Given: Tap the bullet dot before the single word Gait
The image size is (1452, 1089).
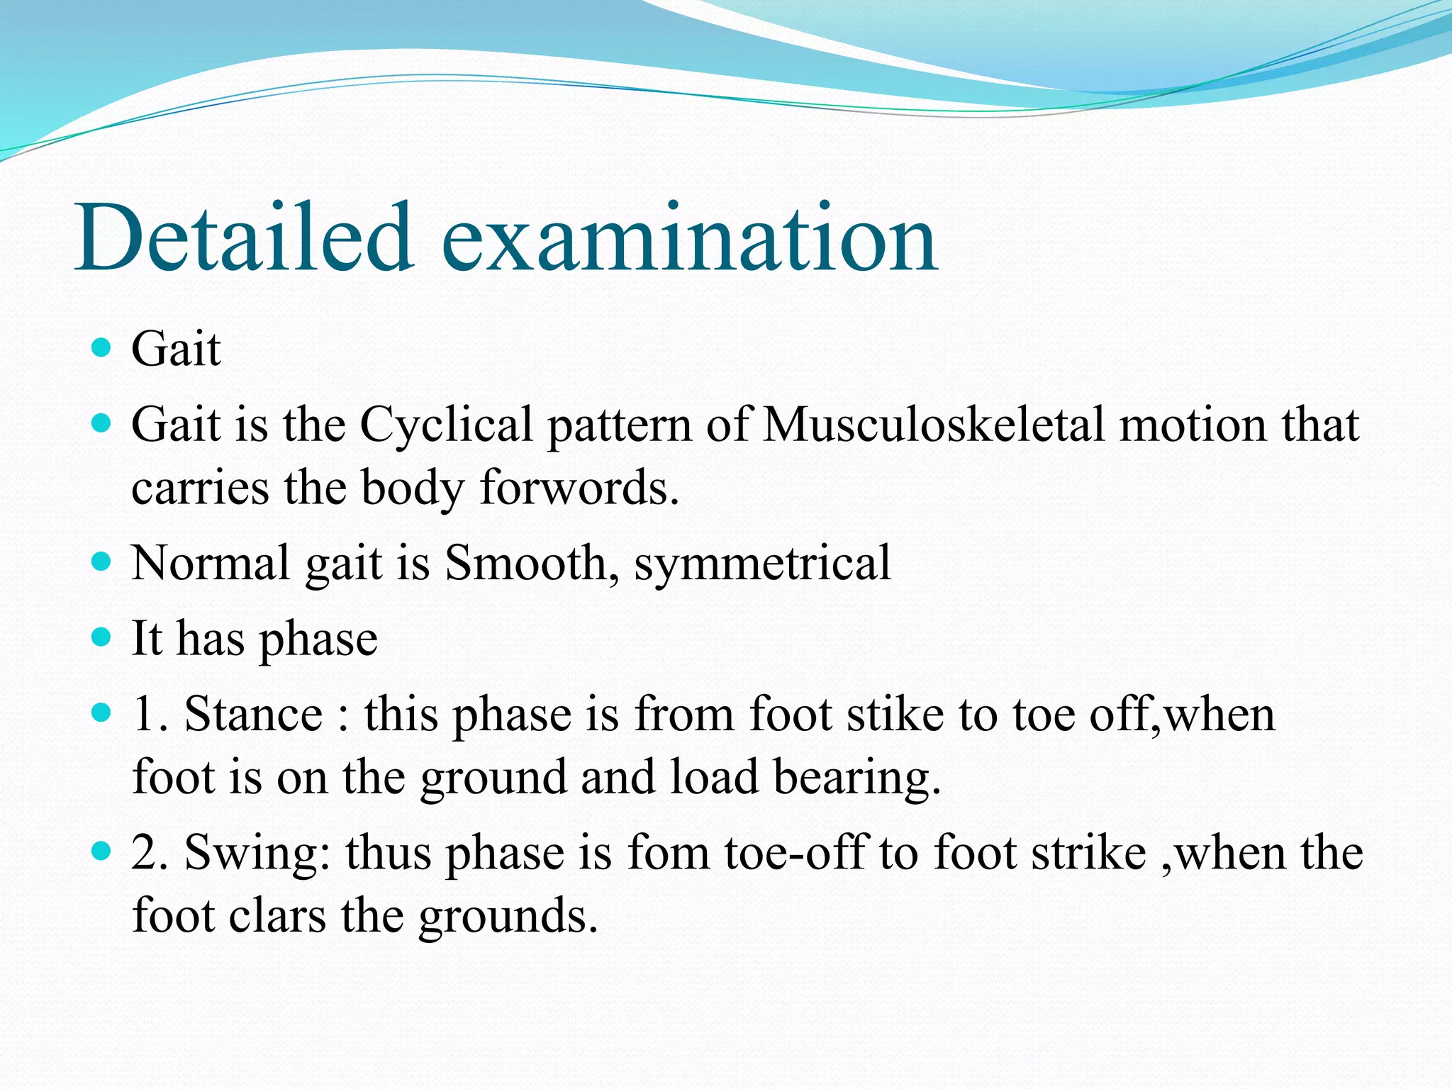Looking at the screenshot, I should tap(102, 347).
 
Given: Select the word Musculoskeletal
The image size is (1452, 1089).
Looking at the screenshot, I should tap(933, 425).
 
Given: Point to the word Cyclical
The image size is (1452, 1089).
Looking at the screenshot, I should tap(446, 425).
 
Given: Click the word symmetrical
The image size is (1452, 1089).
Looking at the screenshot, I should tap(762, 563).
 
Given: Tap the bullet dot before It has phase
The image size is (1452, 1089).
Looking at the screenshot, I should tap(102, 637).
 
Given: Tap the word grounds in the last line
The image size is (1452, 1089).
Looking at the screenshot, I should tap(508, 915).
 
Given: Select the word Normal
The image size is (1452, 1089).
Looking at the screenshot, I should tap(211, 563).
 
